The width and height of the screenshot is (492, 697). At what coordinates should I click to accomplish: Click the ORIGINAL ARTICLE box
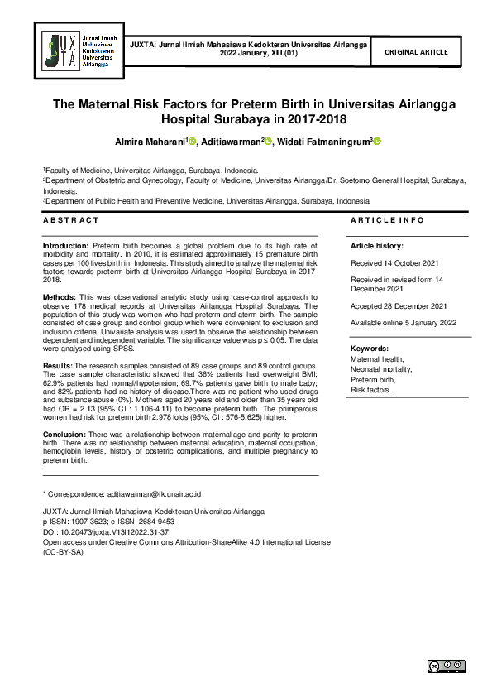coord(418,52)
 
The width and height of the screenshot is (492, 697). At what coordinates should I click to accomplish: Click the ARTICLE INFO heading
coord(387,220)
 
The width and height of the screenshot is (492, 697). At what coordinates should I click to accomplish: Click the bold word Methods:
coord(60,296)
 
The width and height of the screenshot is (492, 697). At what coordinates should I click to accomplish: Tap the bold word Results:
coord(59,365)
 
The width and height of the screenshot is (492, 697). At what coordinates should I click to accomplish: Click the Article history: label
coord(377,247)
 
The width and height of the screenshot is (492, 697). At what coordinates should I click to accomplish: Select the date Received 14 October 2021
coord(395,264)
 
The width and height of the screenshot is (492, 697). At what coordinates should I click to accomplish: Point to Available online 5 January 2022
coord(404,323)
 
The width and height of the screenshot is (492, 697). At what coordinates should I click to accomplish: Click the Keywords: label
coord(370,349)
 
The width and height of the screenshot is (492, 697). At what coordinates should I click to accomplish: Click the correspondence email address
coord(154,493)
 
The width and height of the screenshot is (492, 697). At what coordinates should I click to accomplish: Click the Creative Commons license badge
coord(446,666)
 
